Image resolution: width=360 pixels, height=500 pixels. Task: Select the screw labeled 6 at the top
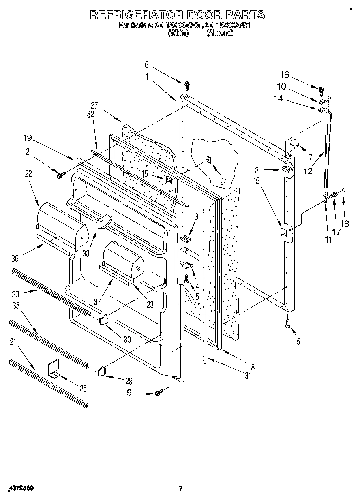coord(187,85)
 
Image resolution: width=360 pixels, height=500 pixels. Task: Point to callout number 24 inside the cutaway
coord(223,182)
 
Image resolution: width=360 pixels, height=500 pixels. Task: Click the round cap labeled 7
coord(294,143)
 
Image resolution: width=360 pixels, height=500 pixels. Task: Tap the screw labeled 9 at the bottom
coord(158,392)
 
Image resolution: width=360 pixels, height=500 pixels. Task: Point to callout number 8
coord(253,368)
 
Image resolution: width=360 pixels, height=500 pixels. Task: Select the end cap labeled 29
coord(102,370)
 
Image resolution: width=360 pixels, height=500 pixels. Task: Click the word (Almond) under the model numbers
coord(220,34)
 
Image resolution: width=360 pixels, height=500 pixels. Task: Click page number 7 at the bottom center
coord(181,489)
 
